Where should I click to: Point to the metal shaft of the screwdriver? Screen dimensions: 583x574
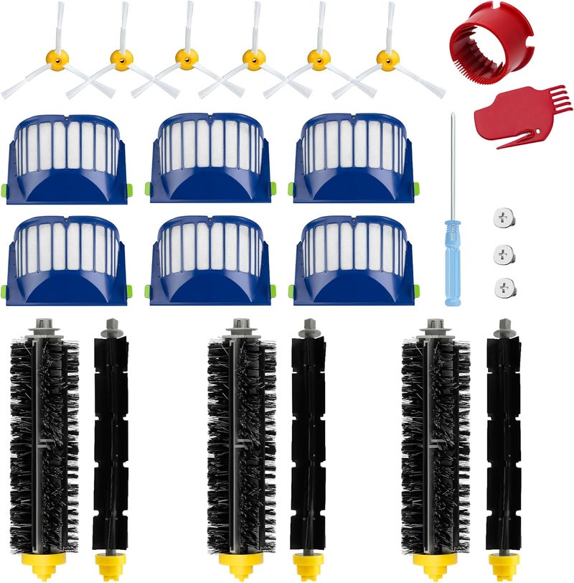[451, 165]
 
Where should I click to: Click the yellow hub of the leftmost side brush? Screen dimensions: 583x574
[57, 57]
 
